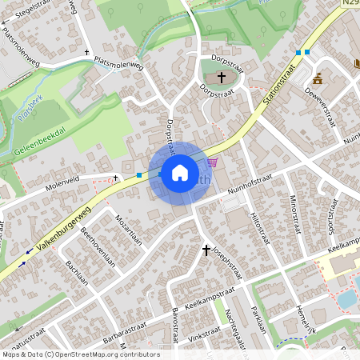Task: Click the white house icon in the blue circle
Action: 180,172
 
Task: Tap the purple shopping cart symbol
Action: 211,162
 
